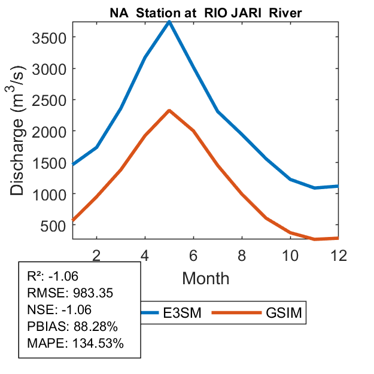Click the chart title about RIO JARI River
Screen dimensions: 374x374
pyautogui.click(x=205, y=13)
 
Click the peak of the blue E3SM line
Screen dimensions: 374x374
pyautogui.click(x=169, y=22)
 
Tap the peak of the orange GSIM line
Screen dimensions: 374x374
pyautogui.click(x=169, y=111)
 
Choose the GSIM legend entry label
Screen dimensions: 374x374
pyautogui.click(x=284, y=314)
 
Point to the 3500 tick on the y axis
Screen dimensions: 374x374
pyautogui.click(x=49, y=37)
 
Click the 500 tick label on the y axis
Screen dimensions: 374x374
pyautogui.click(x=54, y=225)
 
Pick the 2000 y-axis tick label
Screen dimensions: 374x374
pyautogui.click(x=49, y=131)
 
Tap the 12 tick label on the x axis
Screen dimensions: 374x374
pyautogui.click(x=338, y=255)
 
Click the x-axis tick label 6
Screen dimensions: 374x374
pyautogui.click(x=193, y=255)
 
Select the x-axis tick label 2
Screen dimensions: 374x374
pyautogui.click(x=96, y=255)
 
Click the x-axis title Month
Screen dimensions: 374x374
pyautogui.click(x=205, y=278)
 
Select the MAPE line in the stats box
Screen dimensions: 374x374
pyautogui.click(x=75, y=344)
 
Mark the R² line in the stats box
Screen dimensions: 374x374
pyautogui.click(x=53, y=276)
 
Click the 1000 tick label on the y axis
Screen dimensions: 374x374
pyautogui.click(x=49, y=194)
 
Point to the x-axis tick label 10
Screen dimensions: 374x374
pyautogui.click(x=290, y=255)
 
